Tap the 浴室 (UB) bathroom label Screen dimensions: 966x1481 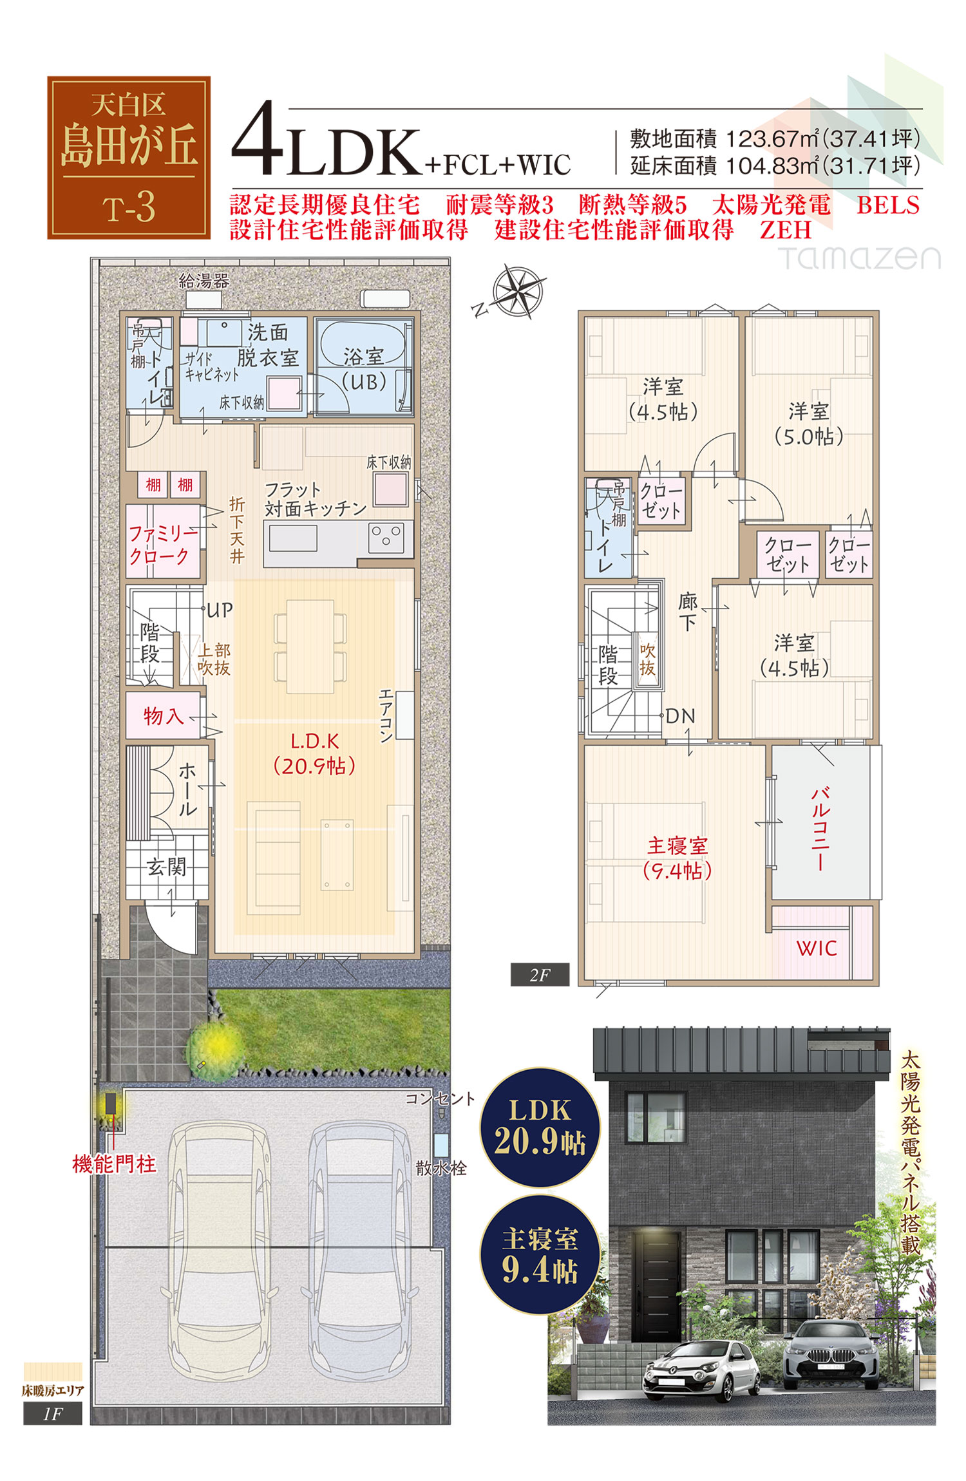(x=364, y=369)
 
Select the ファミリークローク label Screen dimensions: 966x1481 (x=162, y=544)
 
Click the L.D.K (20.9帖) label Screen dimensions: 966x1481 (x=314, y=753)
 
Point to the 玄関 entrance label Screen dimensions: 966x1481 (x=166, y=867)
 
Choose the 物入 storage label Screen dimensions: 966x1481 (x=163, y=715)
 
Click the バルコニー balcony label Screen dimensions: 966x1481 (x=820, y=828)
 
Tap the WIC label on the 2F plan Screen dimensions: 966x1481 (x=817, y=948)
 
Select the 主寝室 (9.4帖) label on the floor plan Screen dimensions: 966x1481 (x=677, y=858)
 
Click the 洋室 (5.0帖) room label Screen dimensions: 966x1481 (x=809, y=424)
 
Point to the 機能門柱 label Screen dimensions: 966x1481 (x=115, y=1164)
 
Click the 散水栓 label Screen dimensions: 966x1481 (x=441, y=1168)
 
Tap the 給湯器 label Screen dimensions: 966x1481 (x=204, y=281)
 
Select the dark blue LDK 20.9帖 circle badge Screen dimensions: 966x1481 (x=540, y=1127)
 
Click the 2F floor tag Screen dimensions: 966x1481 (x=540, y=975)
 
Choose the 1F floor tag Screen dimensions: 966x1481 (x=53, y=1414)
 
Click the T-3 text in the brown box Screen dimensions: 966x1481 (x=129, y=208)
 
